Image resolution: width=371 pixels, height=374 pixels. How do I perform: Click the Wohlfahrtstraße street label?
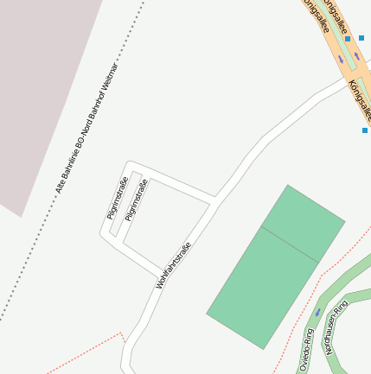coord(173,264)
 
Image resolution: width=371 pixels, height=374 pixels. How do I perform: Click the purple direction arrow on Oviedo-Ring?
coord(318,311)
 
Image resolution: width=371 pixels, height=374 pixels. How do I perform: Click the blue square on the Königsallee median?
coord(348,39)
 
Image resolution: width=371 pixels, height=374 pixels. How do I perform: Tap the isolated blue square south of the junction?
coord(365,130)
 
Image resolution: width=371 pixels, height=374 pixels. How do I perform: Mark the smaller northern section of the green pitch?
coord(303,221)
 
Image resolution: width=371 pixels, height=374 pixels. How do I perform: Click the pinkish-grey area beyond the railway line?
coord(43,86)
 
